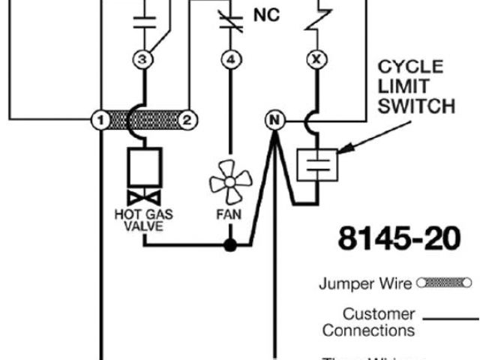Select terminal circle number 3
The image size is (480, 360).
pos(143,59)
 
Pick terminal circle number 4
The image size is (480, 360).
pos(232,59)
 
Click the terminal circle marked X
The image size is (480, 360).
pos(315,59)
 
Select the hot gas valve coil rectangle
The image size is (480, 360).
pos(144,166)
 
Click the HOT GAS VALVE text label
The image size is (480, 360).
pos(144,220)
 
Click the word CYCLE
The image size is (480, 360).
pos(410,67)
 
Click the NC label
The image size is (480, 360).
pos(266,14)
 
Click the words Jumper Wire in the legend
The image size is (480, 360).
pos(365,283)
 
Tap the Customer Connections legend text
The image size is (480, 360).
pos(368,322)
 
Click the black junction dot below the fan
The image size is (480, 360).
pos(232,244)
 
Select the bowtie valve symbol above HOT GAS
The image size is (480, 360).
pos(144,198)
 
